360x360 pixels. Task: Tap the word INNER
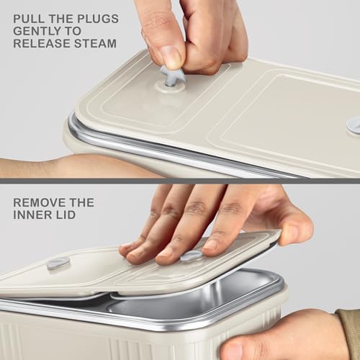click(31, 216)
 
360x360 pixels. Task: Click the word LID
click(68, 216)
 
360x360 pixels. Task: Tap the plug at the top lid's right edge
click(354, 125)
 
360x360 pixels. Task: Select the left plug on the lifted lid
click(58, 264)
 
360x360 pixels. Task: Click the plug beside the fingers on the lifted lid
click(191, 256)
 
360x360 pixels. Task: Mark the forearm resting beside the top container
click(36, 168)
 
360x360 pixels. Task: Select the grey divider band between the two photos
click(180, 181)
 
